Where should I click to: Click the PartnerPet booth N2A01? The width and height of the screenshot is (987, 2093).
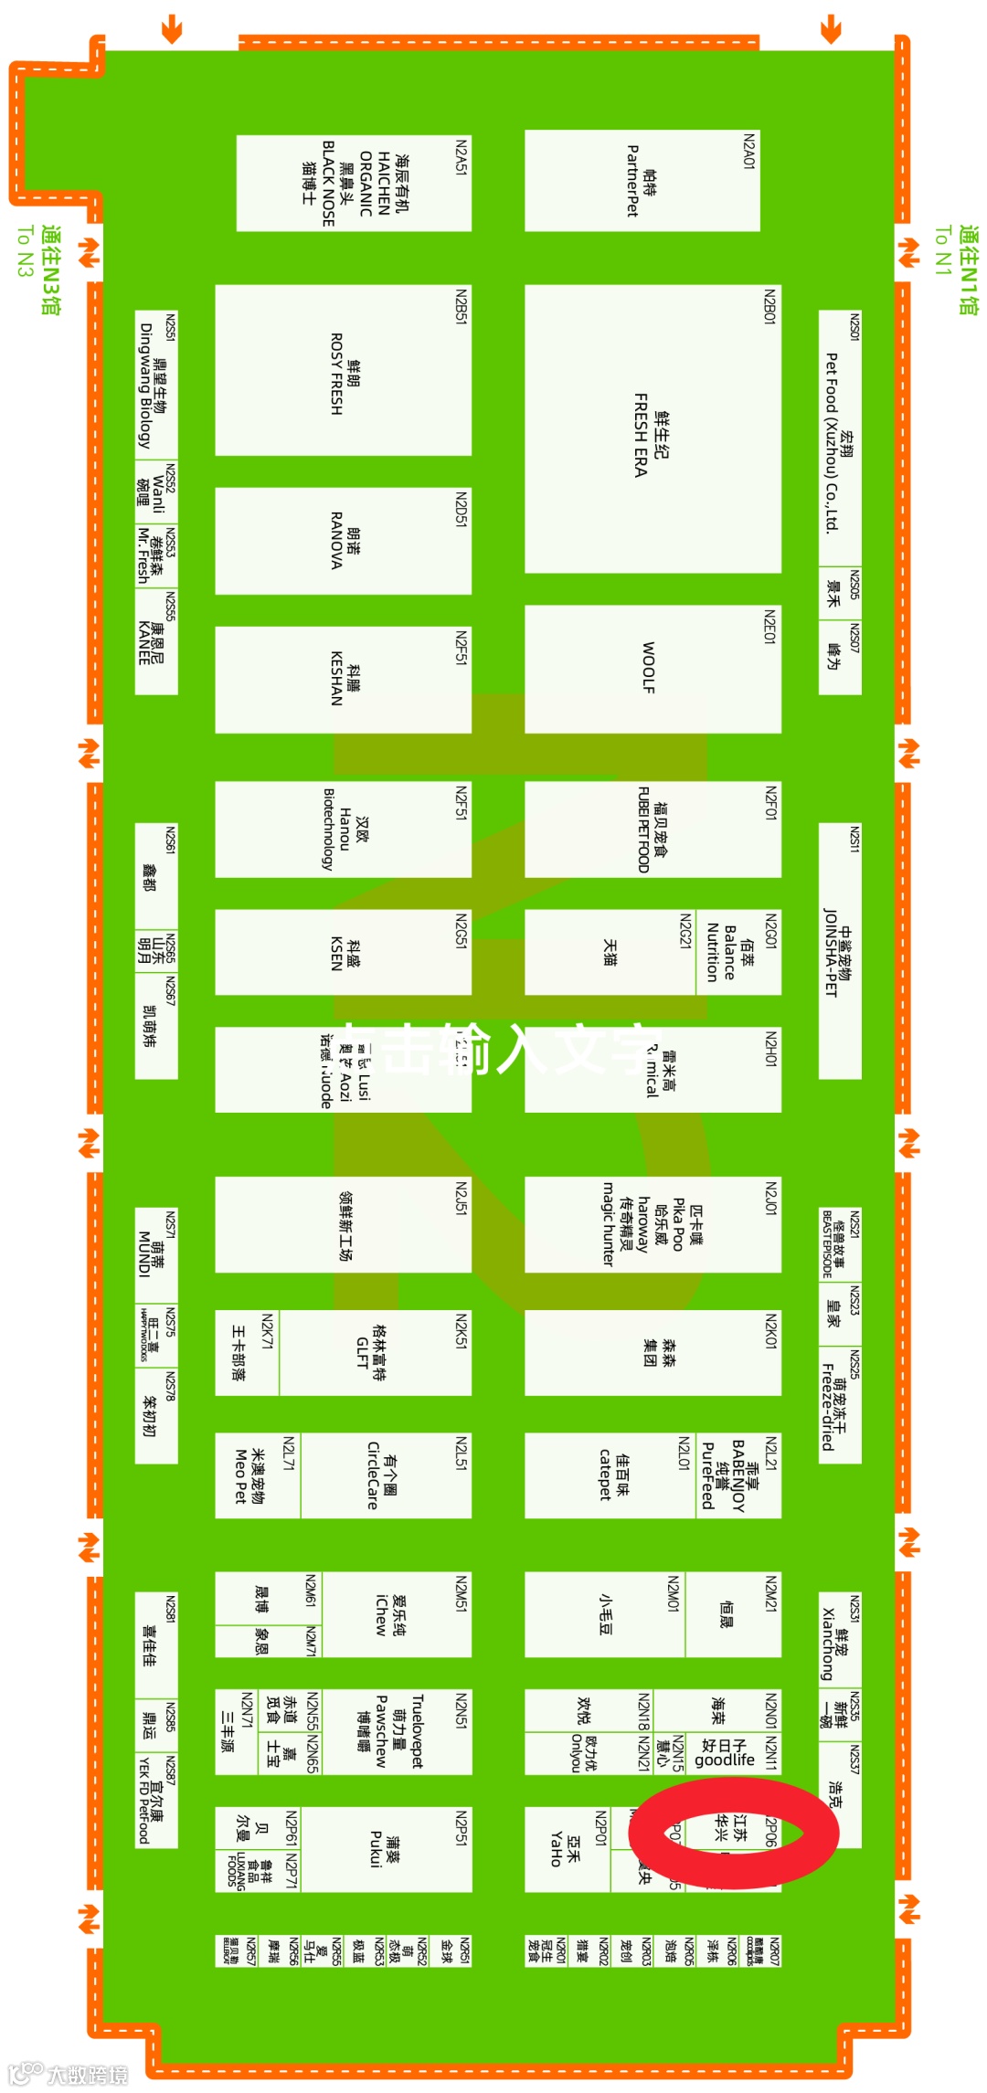(x=642, y=181)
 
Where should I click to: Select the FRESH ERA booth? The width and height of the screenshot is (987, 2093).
(x=652, y=429)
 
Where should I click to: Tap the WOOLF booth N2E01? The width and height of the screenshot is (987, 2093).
(x=652, y=669)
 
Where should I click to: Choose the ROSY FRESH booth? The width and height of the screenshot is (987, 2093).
(x=343, y=371)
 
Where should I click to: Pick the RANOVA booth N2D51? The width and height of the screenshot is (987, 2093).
(x=343, y=541)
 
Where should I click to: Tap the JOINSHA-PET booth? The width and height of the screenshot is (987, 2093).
(x=839, y=951)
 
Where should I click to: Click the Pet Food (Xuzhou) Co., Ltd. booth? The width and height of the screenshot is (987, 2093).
(x=839, y=439)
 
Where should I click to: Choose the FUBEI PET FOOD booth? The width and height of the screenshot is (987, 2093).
(x=652, y=829)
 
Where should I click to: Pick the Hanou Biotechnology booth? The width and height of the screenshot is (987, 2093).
(x=343, y=829)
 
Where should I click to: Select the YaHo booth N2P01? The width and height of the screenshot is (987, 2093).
(x=567, y=1849)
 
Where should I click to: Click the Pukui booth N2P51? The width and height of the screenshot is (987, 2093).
(x=385, y=1849)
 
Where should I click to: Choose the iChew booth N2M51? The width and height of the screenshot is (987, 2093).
(x=396, y=1615)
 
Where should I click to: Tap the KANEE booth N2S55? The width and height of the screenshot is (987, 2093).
(x=155, y=641)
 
